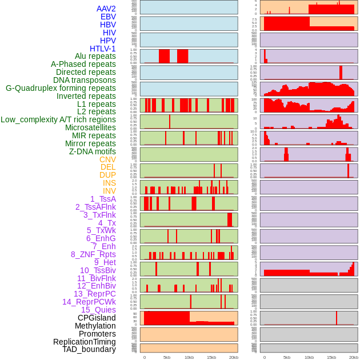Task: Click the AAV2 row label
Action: point(106,9)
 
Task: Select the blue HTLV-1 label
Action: point(103,49)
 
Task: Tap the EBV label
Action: point(108,17)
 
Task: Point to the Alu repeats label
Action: point(95,56)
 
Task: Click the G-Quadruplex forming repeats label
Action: point(61,88)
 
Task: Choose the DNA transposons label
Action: point(85,80)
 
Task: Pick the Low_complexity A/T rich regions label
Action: point(58,119)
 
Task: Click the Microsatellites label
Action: point(90,127)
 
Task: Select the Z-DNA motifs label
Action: point(93,151)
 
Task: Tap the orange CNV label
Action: point(107,159)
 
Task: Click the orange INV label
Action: point(109,191)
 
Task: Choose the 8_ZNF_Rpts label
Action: point(93,254)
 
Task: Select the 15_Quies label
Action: point(98,310)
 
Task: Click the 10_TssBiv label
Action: point(98,270)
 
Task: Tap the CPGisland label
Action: point(97,318)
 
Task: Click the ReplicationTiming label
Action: point(85,342)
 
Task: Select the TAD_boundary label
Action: point(89,349)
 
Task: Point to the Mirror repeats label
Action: point(90,143)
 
